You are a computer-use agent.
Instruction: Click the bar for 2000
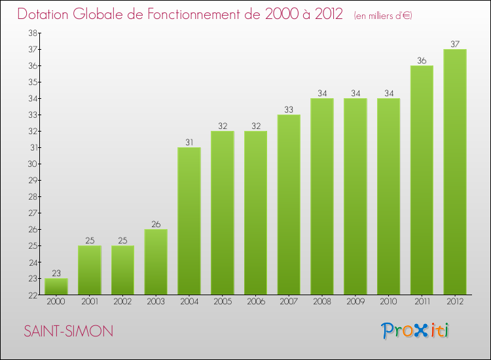(56, 287)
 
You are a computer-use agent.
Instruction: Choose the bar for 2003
(156, 262)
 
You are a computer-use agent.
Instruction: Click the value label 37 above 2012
(455, 45)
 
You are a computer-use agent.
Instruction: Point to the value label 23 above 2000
(56, 274)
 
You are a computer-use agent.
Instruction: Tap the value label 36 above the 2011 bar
(422, 61)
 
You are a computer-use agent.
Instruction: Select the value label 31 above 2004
(189, 143)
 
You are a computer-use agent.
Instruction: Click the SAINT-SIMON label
(68, 331)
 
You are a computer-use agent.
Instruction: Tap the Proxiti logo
(416, 331)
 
